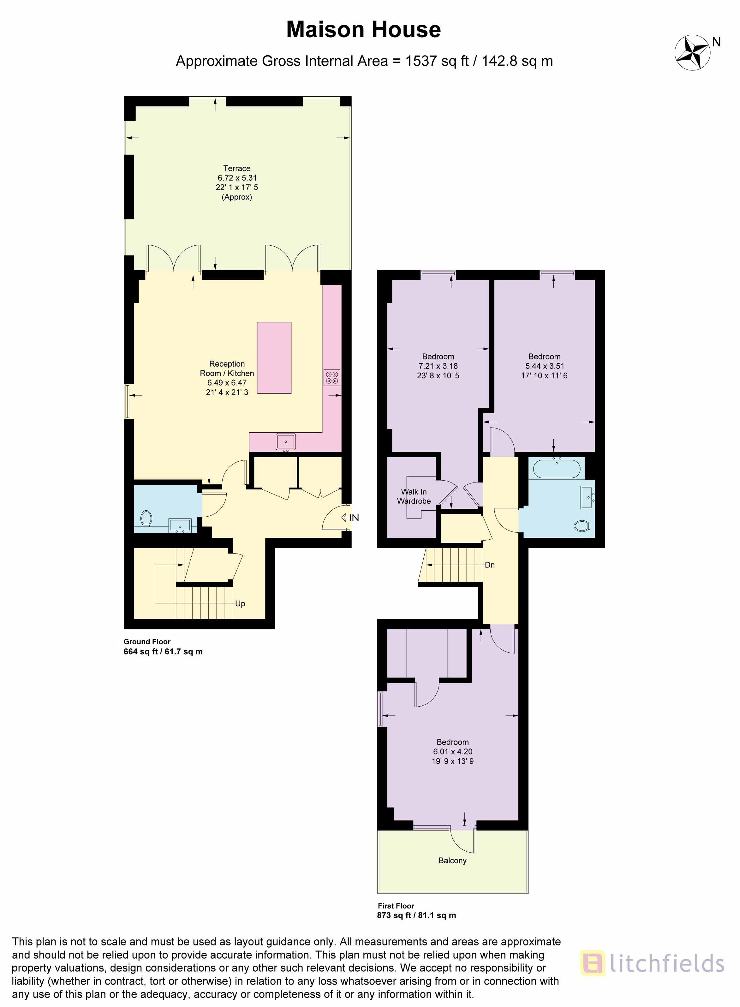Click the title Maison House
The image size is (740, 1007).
363,30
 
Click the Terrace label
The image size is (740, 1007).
236,168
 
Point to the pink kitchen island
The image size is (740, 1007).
274,358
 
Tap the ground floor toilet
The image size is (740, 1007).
146,519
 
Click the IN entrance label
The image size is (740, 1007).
354,518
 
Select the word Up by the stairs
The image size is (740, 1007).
240,604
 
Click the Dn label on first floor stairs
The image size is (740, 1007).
490,565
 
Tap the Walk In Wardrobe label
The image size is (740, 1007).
414,496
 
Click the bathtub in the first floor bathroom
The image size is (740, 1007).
557,469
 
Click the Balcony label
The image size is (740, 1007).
452,860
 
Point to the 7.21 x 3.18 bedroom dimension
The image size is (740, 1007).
438,366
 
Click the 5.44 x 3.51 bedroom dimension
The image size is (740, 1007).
545,366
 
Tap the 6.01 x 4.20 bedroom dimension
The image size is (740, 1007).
453,752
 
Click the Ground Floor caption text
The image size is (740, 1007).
147,641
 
